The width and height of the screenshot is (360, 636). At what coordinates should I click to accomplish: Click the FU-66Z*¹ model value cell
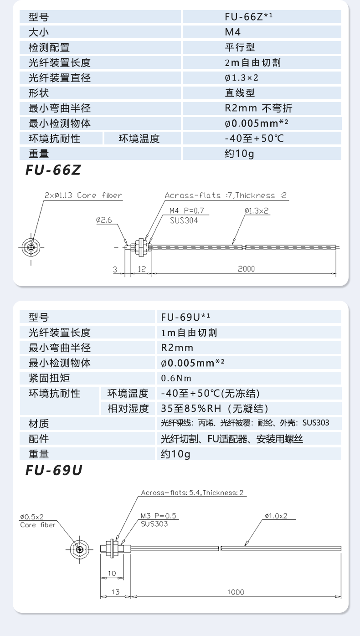248,17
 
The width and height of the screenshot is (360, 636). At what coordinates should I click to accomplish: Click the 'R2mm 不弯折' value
258,108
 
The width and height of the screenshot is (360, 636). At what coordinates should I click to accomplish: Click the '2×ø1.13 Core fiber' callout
83,195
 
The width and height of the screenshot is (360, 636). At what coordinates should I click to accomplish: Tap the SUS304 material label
184,220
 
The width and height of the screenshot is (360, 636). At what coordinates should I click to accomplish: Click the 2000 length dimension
246,269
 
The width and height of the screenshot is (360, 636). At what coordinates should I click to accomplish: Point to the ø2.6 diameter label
104,220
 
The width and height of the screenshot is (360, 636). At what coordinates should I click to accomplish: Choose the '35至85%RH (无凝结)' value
215,409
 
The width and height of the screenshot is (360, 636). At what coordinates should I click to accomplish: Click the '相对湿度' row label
128,409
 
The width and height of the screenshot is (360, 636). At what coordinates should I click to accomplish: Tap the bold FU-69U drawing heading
54,470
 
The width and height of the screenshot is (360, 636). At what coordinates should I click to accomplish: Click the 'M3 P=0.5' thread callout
158,516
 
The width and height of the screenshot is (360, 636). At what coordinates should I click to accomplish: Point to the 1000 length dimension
236,592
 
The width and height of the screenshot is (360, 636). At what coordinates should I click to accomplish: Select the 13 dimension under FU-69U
115,592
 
